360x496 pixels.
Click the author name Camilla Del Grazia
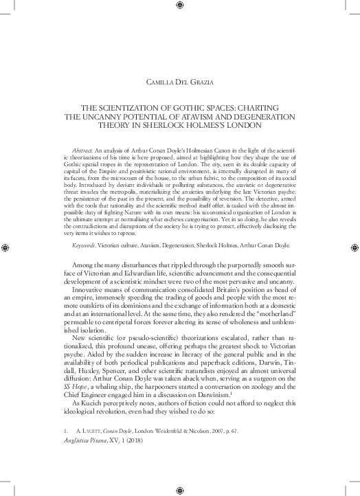point(179,83)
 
